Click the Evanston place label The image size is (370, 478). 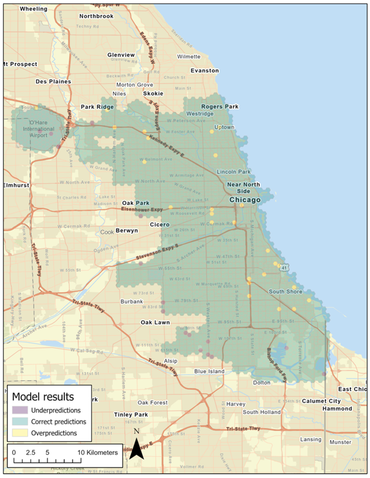(x=205, y=71)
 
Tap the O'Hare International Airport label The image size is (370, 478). (x=39, y=129)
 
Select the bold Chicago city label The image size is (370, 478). (x=245, y=200)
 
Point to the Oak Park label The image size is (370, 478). (x=136, y=203)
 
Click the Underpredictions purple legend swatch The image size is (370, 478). (x=20, y=410)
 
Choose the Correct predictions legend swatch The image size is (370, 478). (x=20, y=421)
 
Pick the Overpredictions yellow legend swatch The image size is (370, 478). (x=20, y=433)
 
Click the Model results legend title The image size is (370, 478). (x=43, y=397)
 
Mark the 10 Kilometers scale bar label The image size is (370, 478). (x=97, y=452)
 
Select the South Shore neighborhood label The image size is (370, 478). (x=285, y=291)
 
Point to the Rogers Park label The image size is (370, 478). (x=220, y=106)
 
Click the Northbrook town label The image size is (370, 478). (x=96, y=16)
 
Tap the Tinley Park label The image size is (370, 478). (x=131, y=414)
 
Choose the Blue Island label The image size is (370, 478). (x=209, y=371)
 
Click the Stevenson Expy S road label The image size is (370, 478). (x=157, y=252)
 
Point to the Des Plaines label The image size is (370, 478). (x=53, y=81)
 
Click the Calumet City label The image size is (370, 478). (x=321, y=401)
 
